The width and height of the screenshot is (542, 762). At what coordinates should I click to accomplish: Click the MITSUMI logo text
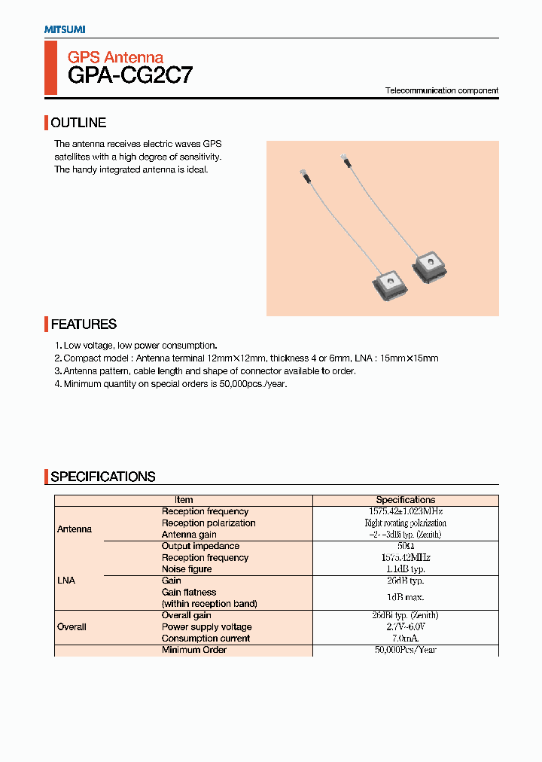click(64, 29)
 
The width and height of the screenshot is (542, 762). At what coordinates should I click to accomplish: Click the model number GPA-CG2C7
click(130, 75)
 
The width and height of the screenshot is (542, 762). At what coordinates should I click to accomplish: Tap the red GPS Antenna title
click(115, 57)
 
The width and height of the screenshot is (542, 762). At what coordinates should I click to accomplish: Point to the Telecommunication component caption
click(442, 90)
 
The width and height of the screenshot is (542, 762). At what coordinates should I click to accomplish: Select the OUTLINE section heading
click(78, 123)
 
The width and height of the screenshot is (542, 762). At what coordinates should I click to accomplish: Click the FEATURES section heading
click(84, 325)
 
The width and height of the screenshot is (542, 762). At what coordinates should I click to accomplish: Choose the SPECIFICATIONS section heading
click(103, 477)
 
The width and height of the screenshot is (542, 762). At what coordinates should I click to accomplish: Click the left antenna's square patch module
click(389, 285)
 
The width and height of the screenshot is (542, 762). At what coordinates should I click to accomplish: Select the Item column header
click(184, 500)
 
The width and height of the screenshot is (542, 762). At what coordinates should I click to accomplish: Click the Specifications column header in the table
click(406, 500)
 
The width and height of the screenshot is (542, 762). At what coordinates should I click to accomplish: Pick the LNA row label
click(66, 581)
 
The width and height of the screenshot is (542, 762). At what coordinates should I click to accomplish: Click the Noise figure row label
click(187, 569)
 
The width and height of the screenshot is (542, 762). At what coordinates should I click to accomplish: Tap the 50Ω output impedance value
click(406, 546)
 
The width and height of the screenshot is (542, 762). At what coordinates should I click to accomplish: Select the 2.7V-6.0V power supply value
click(406, 626)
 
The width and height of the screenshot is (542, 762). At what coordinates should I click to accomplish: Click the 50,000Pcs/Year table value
click(406, 650)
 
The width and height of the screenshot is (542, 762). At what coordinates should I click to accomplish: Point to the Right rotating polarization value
click(406, 523)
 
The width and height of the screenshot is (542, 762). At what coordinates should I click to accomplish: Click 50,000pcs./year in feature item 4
click(252, 384)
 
